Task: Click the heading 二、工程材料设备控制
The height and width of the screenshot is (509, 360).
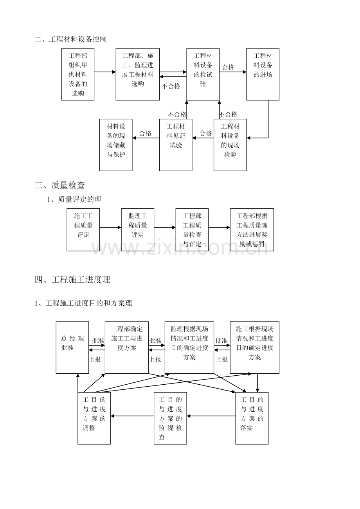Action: [70, 39]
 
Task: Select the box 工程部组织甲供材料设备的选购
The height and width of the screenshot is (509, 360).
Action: [78, 74]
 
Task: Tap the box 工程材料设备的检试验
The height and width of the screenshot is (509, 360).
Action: [203, 74]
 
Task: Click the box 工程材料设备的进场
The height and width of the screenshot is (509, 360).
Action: [263, 74]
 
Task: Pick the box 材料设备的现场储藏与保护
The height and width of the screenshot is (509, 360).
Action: [116, 145]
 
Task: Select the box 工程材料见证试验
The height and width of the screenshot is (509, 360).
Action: [176, 145]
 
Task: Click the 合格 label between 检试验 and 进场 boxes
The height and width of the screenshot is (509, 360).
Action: [228, 68]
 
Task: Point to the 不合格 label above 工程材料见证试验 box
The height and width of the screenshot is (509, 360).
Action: [177, 115]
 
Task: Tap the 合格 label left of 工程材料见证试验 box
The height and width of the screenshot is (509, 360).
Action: [146, 133]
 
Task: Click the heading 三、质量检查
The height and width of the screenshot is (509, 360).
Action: [60, 185]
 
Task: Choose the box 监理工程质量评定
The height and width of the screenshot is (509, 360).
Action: [137, 229]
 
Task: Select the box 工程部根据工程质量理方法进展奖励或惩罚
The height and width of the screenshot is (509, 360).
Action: [252, 229]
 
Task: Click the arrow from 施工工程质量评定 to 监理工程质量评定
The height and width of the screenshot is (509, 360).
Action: [110, 227]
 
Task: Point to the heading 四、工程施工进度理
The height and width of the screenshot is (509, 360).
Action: [72, 280]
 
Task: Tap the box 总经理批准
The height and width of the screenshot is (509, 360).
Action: [72, 348]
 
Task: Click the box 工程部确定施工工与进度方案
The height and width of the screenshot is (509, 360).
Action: [127, 348]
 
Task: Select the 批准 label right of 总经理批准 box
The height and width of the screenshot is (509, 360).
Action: [98, 341]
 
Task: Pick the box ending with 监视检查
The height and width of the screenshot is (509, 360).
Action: [170, 418]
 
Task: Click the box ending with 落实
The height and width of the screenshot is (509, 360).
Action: [252, 418]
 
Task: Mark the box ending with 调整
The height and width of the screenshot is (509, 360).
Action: [94, 418]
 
